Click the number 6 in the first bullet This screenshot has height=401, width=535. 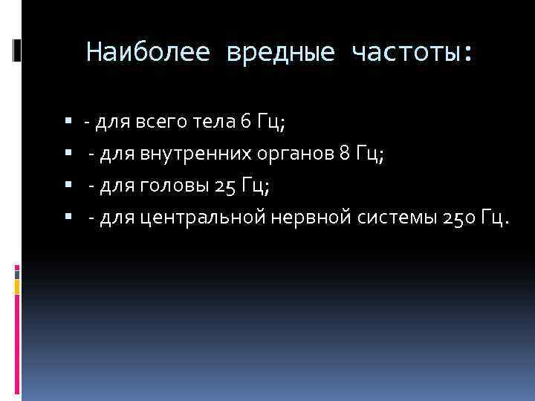[246, 122]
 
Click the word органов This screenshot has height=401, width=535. [294, 154]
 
